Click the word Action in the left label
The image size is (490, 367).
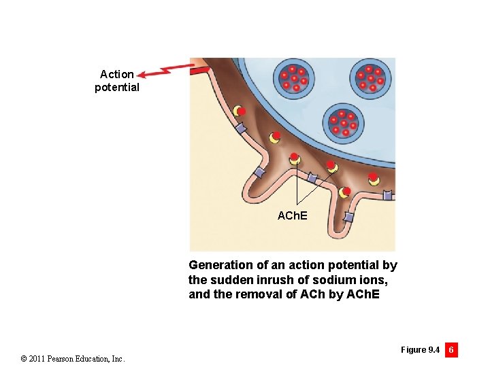pos(117,74)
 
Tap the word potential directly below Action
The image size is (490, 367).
pos(117,88)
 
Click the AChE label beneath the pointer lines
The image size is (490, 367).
pos(293,215)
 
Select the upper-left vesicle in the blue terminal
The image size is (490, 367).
pos(293,78)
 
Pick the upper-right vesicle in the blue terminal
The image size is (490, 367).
pos(370,78)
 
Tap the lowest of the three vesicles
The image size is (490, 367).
pos(342,122)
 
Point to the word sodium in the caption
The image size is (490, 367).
pos(327,280)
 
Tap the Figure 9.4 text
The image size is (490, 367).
pos(420,350)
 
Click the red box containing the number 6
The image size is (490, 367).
pos(451,350)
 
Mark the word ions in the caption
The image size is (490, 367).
pos(362,280)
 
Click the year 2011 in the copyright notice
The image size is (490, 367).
pos(33,358)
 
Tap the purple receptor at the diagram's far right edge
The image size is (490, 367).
pos(387,195)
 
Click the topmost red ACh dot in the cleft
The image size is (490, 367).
pos(241,111)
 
